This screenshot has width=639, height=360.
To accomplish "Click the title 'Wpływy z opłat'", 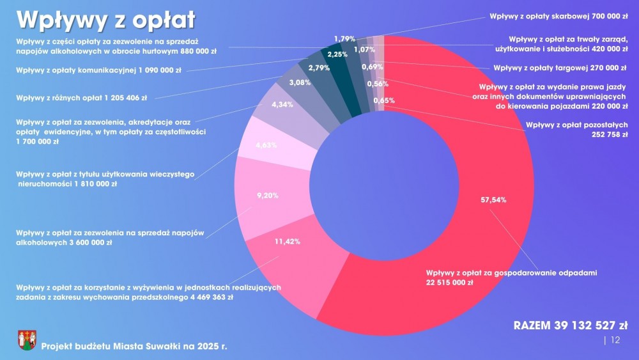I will [x=106, y=20].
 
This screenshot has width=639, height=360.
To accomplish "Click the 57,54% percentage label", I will [x=493, y=200].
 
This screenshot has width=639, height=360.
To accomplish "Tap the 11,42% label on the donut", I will [x=288, y=242].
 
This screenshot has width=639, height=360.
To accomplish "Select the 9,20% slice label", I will [x=267, y=196].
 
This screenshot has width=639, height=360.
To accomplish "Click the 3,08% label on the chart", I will [x=300, y=82].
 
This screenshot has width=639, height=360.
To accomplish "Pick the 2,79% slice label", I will [x=319, y=68].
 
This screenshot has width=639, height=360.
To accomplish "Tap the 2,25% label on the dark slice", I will [x=337, y=54].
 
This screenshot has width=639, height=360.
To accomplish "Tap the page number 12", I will [x=615, y=340].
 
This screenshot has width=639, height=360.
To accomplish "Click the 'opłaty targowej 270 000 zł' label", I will [x=560, y=67].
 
